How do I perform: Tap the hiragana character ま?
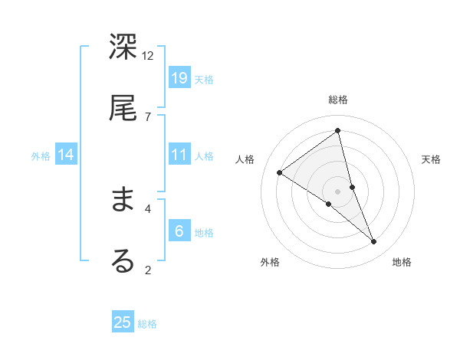click(123, 199)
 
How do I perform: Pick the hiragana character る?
click(123, 260)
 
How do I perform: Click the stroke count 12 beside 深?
click(148, 55)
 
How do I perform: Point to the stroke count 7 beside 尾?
click(148, 116)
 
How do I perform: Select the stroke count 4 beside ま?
click(148, 208)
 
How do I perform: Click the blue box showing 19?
click(179, 77)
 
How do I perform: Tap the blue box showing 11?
click(179, 155)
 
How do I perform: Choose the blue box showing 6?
click(179, 231)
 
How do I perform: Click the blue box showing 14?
click(66, 155)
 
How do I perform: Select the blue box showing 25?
click(123, 322)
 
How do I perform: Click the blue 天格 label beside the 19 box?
click(204, 79)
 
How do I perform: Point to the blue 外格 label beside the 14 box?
click(41, 156)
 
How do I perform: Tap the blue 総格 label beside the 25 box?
click(147, 324)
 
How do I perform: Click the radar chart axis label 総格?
click(338, 100)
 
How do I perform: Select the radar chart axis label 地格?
click(402, 262)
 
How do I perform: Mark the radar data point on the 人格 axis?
click(280, 173)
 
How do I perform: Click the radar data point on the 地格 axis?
click(374, 241)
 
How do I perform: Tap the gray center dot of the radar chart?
click(338, 191)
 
